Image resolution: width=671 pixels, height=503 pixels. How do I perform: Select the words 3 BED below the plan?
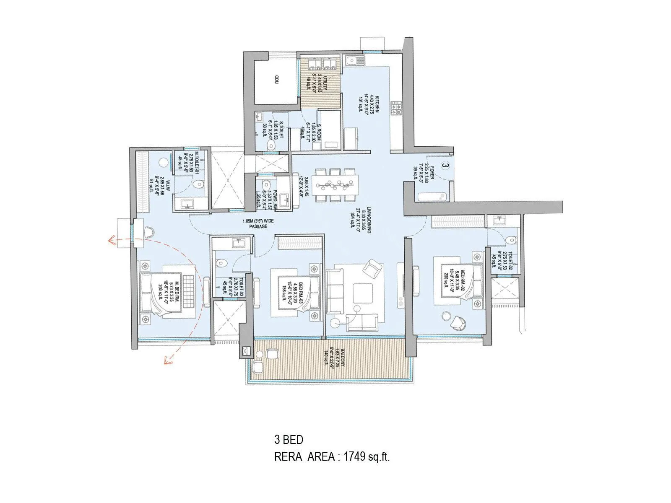tap(289, 440)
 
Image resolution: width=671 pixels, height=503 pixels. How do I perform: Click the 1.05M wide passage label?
tap(258, 223)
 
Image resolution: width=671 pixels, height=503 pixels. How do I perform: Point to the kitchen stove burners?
tap(396, 108)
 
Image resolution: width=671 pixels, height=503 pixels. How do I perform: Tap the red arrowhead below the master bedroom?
tap(168, 360)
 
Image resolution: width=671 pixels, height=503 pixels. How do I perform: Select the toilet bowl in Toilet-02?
tap(510, 240)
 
